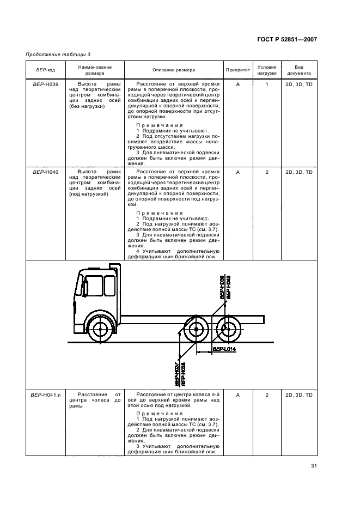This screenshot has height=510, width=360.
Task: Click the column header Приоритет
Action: [237, 70]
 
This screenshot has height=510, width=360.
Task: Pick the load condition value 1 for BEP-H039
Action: [267, 85]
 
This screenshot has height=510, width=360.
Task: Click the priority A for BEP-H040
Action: [238, 172]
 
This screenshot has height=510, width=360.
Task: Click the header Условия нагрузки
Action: [267, 70]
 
